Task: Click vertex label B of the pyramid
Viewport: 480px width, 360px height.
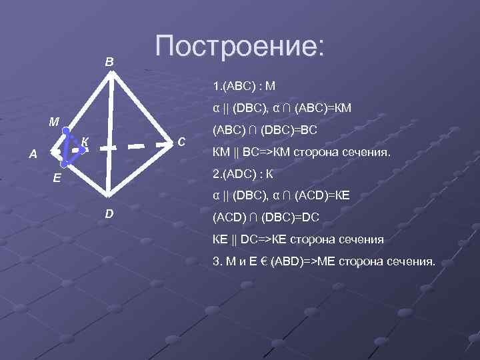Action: click(109, 62)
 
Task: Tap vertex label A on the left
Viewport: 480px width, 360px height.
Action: click(33, 155)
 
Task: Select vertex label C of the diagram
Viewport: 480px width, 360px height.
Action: click(181, 141)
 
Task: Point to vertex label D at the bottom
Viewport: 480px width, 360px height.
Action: click(109, 213)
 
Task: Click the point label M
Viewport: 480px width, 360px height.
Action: click(53, 122)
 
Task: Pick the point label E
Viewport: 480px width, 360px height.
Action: click(57, 178)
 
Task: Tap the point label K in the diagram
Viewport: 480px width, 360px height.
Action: click(85, 140)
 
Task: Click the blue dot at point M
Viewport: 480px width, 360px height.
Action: click(66, 131)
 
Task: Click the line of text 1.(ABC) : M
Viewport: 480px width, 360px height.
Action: click(244, 86)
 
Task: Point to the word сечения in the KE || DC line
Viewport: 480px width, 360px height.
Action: click(359, 239)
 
